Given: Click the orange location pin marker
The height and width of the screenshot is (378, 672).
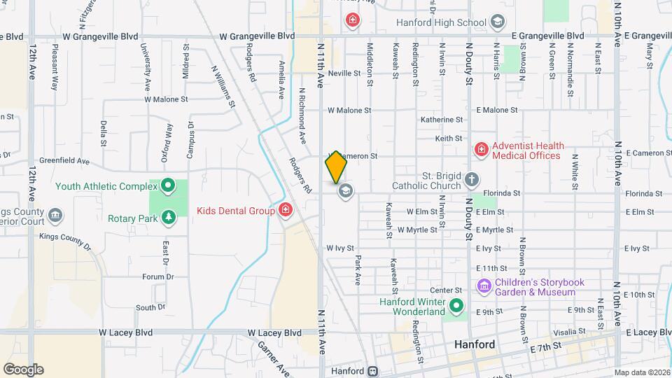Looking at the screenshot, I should [336, 167].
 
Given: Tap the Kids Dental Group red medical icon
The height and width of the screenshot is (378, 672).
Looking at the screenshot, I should [286, 210].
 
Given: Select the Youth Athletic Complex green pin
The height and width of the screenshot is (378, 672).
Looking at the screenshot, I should [168, 186].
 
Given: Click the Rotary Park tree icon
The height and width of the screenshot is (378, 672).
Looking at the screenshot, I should [168, 218].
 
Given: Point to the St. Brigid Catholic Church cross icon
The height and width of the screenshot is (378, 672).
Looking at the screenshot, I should [472, 180].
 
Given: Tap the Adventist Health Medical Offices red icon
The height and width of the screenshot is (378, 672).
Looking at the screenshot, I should [481, 149].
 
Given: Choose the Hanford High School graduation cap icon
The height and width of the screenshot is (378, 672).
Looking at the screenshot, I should [497, 22].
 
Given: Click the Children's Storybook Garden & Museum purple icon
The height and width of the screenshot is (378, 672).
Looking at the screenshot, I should [484, 286].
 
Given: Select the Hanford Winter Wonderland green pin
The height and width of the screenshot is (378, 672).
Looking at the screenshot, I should [456, 305].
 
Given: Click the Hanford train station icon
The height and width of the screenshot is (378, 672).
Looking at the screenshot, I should [374, 371].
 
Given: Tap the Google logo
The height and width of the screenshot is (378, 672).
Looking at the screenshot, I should [23, 369].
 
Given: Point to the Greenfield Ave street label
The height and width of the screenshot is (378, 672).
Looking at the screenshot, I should [64, 161].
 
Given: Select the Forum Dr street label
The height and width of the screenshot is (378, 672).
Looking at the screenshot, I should [157, 276].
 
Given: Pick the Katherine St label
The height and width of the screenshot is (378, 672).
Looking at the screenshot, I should [442, 120].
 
